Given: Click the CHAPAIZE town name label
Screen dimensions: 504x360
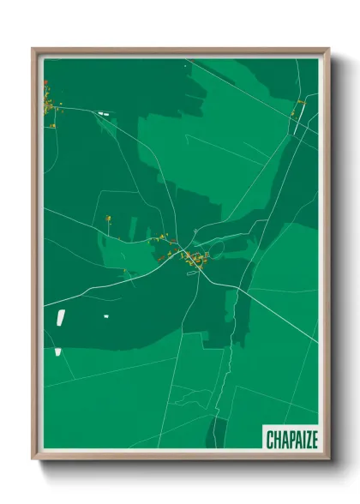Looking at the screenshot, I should (x=291, y=440).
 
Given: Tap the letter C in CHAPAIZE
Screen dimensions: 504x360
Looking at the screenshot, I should (x=270, y=440).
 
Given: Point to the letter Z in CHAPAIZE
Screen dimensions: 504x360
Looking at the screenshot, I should (x=306, y=440).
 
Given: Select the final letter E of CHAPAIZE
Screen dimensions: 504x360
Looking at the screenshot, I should (x=314, y=440).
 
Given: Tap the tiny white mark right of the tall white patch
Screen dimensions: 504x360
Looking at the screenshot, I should (x=106, y=316).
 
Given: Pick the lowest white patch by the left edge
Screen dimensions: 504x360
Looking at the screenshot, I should (x=57, y=351).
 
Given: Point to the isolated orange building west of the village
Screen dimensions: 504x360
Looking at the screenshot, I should (x=109, y=219).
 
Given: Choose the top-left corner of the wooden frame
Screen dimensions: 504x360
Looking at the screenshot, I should (x=34, y=50).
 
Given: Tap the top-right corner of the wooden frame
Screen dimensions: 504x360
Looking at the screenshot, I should (x=328, y=50).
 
